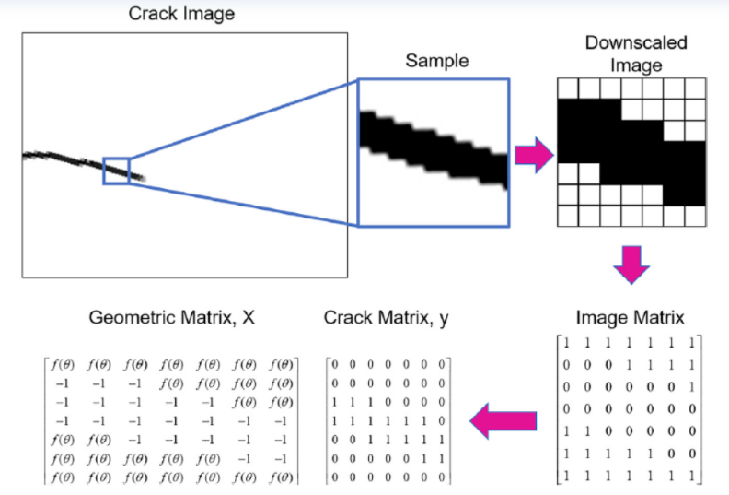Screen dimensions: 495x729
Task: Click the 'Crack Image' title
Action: (x=181, y=14)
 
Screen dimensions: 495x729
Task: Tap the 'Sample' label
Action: (x=436, y=62)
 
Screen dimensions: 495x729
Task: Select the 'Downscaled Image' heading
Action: (x=636, y=54)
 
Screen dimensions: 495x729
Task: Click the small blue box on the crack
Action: (x=116, y=171)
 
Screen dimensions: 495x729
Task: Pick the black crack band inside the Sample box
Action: (x=433, y=147)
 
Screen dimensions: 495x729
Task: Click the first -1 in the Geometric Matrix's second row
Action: (x=63, y=383)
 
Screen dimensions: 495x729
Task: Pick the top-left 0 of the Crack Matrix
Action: (x=337, y=363)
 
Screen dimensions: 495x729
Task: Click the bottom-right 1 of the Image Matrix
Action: (x=694, y=475)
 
